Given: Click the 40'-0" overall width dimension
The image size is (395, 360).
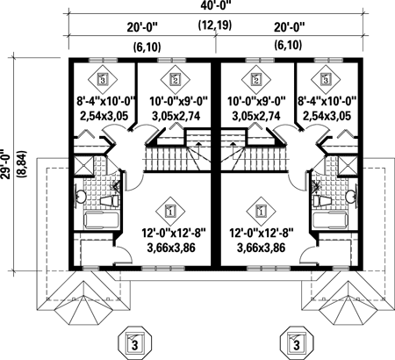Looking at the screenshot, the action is [216, 6].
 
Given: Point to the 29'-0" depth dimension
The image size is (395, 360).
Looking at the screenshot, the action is [6, 164].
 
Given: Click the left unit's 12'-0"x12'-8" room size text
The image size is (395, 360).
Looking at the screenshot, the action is [174, 234].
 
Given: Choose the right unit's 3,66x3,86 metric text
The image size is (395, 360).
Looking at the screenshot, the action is [261, 248].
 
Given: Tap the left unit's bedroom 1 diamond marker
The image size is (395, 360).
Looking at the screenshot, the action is [170, 211].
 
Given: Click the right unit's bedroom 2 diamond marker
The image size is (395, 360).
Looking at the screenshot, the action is [256, 79].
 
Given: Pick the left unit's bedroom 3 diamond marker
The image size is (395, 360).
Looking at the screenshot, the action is [103, 79].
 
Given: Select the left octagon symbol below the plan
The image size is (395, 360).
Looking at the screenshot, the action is [134, 343].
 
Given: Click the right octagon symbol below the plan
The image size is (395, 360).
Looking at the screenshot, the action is [297, 343].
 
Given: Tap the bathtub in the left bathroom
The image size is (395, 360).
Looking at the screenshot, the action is [102, 220].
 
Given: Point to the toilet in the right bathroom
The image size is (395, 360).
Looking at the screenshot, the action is [322, 201].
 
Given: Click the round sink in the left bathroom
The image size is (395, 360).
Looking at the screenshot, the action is [80, 197].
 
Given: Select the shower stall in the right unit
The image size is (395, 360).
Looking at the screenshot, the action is [348, 165].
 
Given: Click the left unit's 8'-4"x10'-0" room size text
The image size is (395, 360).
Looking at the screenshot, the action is [106, 102].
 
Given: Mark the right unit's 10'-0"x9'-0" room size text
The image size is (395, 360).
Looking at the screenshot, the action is [256, 102].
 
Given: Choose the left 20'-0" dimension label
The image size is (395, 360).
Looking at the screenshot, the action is [142, 27].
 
